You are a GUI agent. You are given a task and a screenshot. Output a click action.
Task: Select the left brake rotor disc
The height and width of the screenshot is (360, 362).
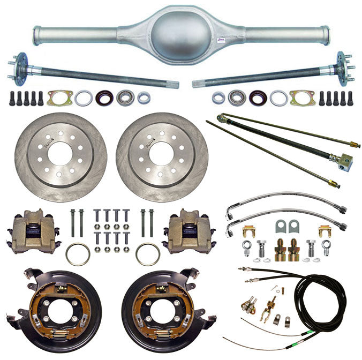pos(61,155)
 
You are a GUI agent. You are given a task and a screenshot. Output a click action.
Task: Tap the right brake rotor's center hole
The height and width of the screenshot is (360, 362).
pos(162,152)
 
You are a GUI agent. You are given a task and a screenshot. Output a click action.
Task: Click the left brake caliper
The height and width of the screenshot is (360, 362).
pos(33,231)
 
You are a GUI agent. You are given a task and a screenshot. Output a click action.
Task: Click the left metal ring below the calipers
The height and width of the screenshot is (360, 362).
pos(78,254)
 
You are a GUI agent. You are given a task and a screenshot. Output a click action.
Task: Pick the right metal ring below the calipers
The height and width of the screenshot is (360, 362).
pos(147,254)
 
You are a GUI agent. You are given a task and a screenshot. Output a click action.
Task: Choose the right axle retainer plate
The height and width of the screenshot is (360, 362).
pos(302,98)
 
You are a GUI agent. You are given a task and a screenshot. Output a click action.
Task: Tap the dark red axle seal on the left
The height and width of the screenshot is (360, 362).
pos(104,98)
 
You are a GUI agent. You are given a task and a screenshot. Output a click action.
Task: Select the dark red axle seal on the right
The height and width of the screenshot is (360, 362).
pos(258,98)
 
